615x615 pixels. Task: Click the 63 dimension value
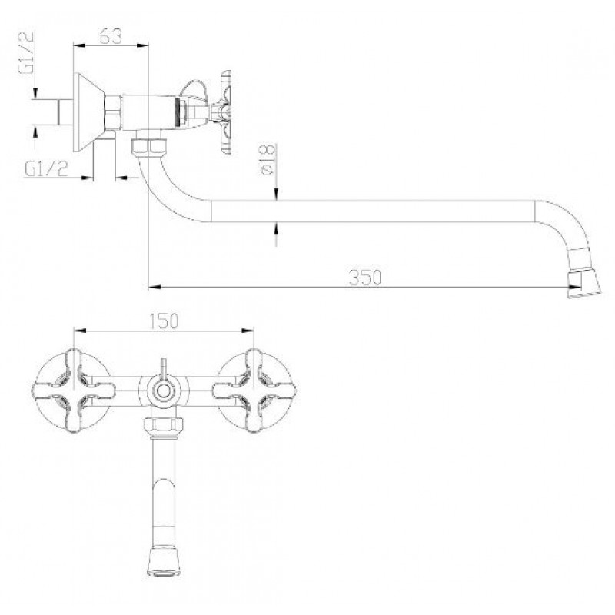point(111,36)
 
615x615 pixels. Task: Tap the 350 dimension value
point(364,278)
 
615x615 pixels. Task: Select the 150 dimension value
point(164,321)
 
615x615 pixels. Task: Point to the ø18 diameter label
point(267,159)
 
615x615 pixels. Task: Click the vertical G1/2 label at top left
point(26,52)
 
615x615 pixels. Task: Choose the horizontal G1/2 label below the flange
point(46,169)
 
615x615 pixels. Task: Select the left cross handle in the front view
point(73,391)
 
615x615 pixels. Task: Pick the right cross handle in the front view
point(254,391)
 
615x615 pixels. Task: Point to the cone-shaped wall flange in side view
point(88,112)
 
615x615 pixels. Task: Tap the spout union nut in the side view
point(149,145)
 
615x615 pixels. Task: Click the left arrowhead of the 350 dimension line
point(155,287)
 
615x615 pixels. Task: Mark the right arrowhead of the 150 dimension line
point(248,331)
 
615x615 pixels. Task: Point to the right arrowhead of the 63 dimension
point(143,46)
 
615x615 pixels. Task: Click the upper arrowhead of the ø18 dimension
point(277,194)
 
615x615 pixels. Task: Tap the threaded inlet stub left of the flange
point(65,112)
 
